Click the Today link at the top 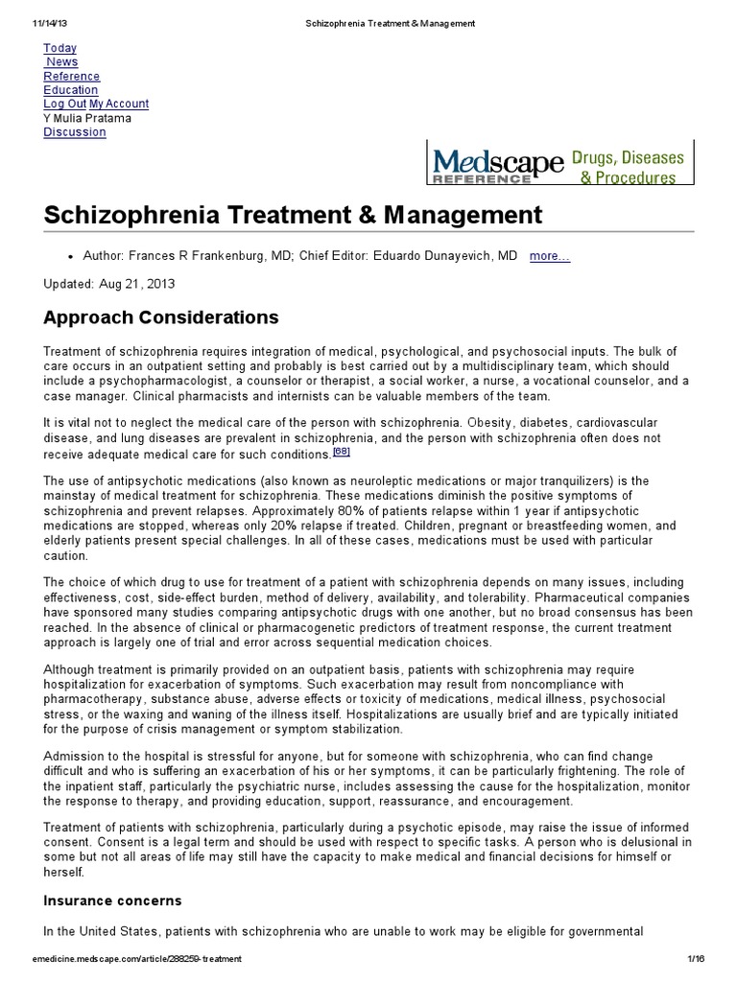click(x=59, y=48)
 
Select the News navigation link click(x=62, y=62)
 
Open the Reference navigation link click(x=71, y=76)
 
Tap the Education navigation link click(x=70, y=90)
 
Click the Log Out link click(x=64, y=104)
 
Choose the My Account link click(x=119, y=104)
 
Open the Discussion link click(x=74, y=131)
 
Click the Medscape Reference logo click(x=496, y=164)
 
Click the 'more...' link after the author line click(x=550, y=256)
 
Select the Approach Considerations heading click(x=161, y=316)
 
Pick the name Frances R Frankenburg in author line click(x=179, y=256)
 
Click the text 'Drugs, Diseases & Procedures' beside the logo click(x=628, y=165)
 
